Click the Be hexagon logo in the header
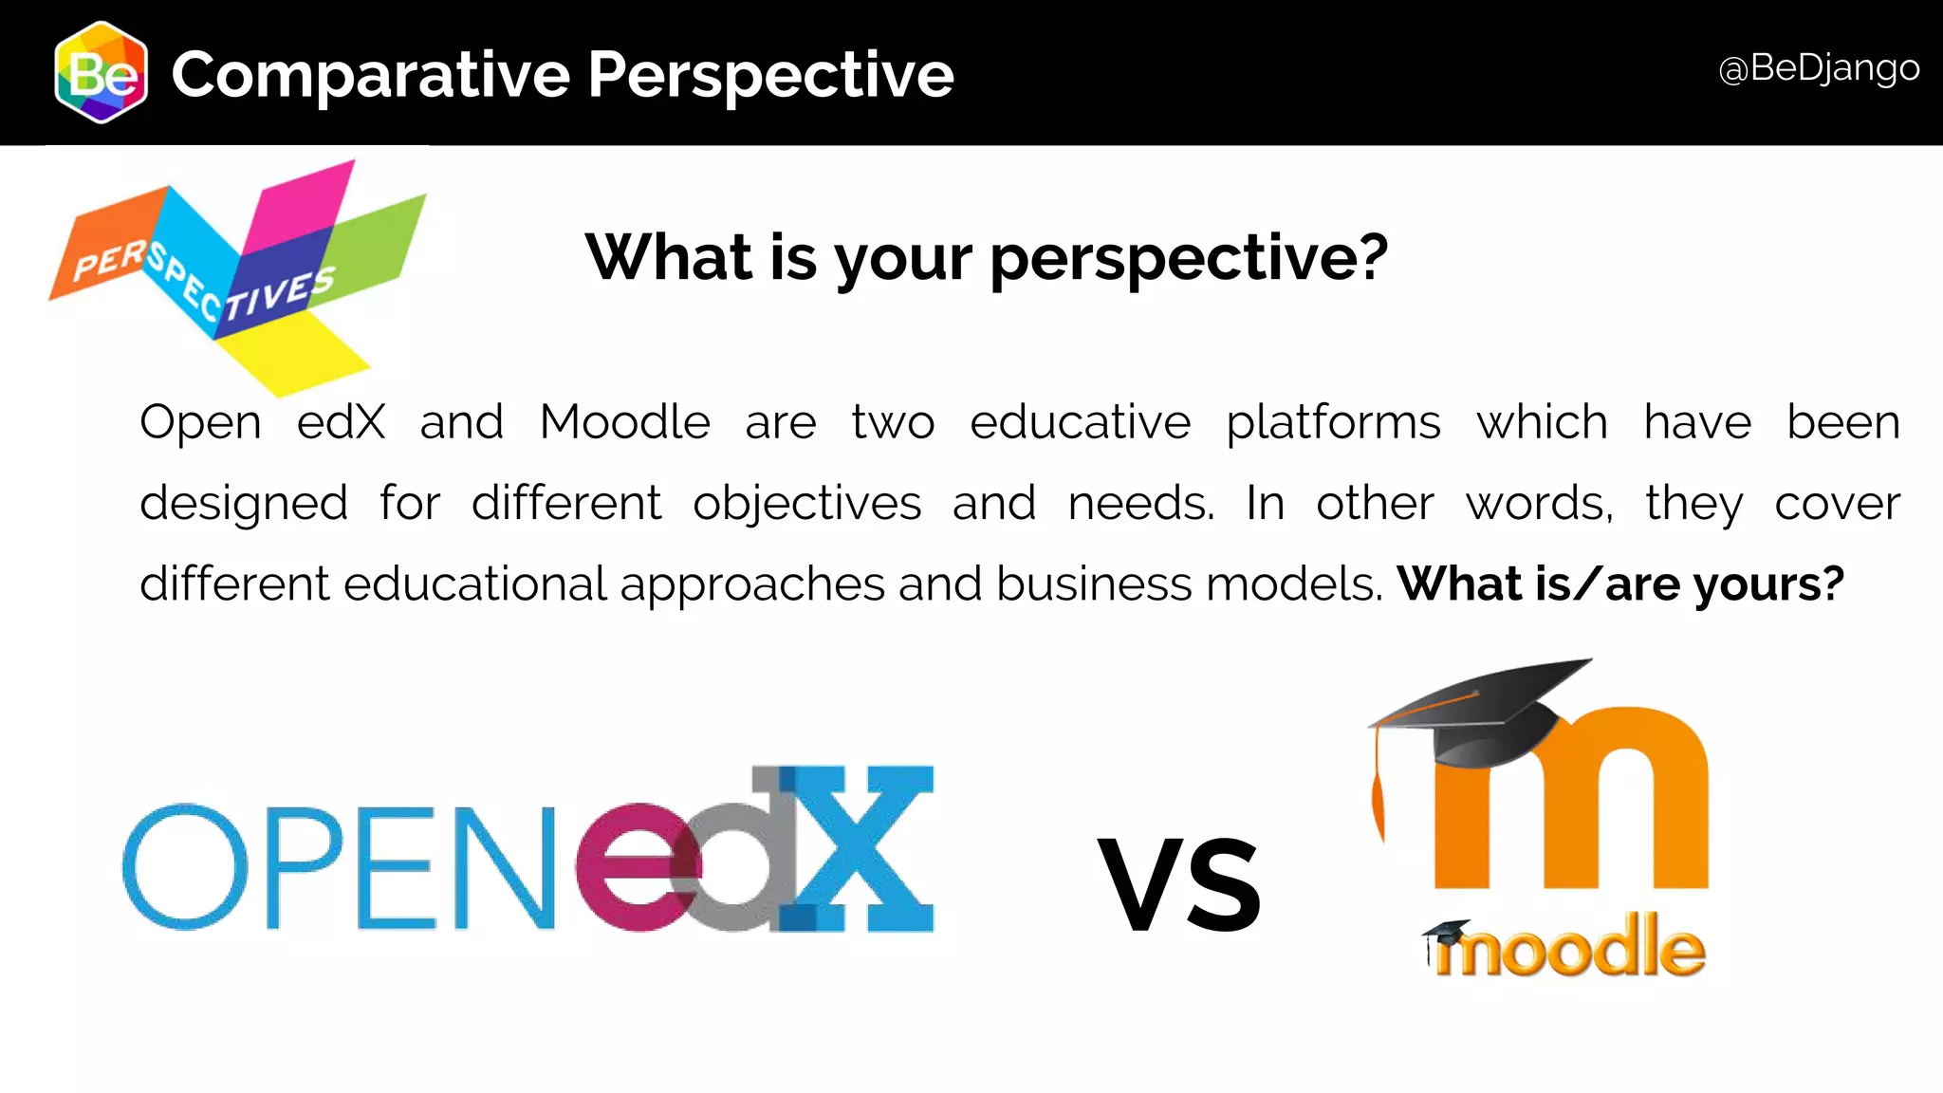point(101,73)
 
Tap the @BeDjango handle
point(1819,69)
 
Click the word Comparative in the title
point(371,75)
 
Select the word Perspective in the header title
point(770,75)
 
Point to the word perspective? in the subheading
point(1189,258)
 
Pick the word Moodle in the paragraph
point(624,422)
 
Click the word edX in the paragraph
point(341,422)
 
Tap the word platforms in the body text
point(1333,424)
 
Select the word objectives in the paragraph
point(806,504)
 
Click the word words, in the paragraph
point(1539,504)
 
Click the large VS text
point(1179,884)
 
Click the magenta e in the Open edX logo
point(636,867)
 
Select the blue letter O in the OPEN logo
point(186,867)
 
